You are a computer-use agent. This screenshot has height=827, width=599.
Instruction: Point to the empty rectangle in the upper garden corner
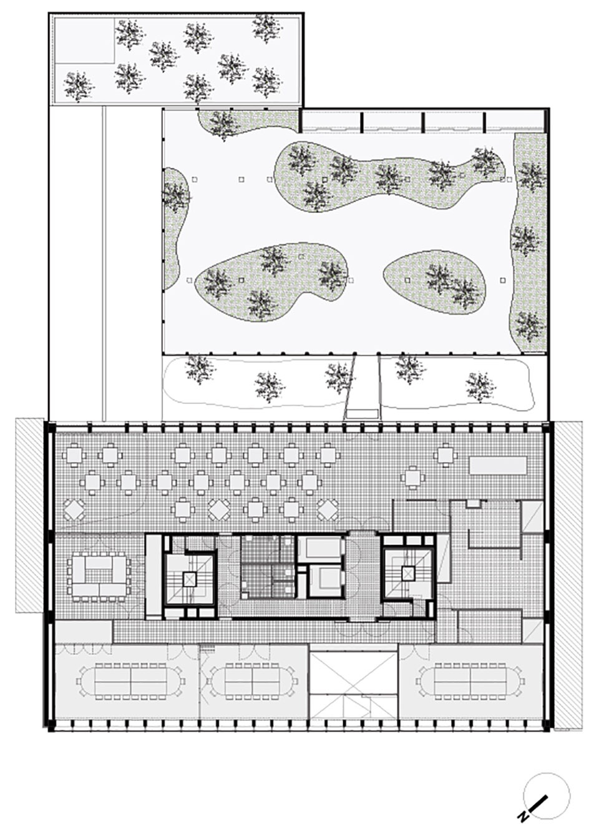point(84,41)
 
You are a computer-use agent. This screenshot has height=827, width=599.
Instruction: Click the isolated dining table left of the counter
point(412,478)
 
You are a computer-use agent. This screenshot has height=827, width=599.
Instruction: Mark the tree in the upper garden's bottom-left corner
point(79,86)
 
